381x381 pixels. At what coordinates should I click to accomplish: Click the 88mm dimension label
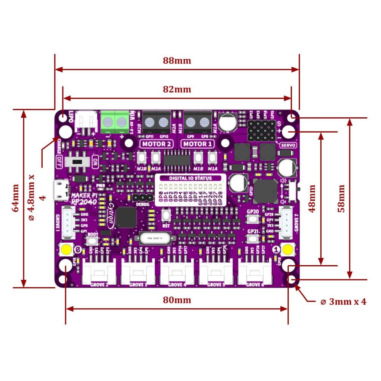coord(177,61)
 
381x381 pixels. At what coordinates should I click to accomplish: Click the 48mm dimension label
coord(312,199)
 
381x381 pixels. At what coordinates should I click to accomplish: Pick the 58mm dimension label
coord(341,199)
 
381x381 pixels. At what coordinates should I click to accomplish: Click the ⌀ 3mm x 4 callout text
coord(343,302)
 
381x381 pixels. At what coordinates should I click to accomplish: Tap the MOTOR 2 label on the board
coord(157,144)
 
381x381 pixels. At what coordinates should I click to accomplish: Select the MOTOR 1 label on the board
coord(197,144)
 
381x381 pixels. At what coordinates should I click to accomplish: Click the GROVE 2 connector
coord(99,273)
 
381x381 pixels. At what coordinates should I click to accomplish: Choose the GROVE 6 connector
coord(255,273)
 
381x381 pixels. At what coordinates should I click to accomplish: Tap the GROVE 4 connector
coord(177,273)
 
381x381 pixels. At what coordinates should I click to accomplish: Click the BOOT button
coord(92,241)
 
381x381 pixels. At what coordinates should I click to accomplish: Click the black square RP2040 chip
coord(126,217)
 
